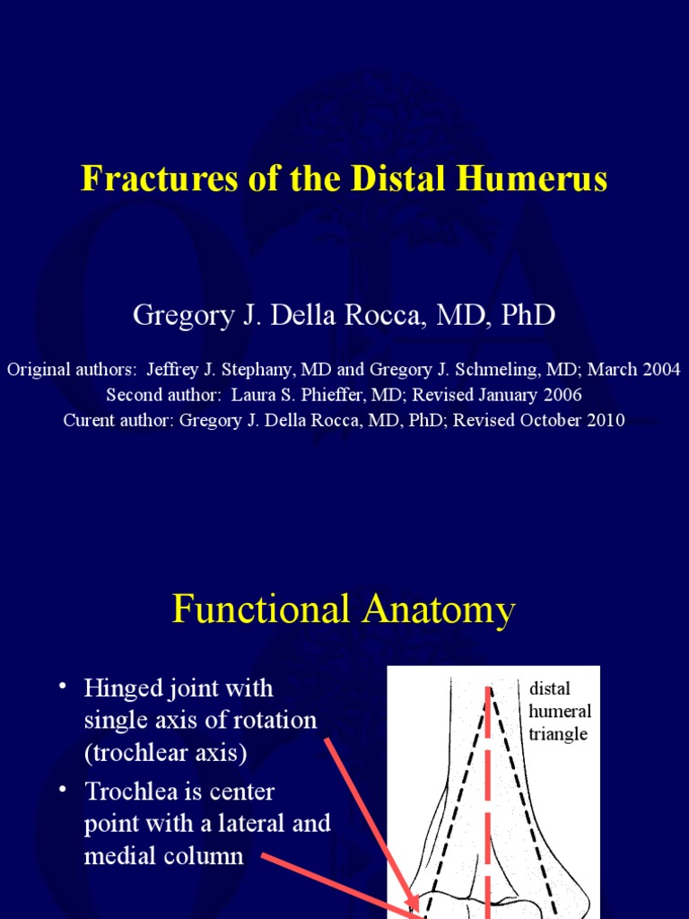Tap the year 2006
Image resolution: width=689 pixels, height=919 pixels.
pyautogui.click(x=563, y=395)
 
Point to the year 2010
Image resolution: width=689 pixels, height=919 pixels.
pyautogui.click(x=605, y=421)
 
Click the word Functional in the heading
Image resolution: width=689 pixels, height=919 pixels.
pyautogui.click(x=261, y=610)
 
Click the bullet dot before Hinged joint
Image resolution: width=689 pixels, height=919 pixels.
pyautogui.click(x=63, y=687)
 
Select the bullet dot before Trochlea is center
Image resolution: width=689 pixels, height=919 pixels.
pyautogui.click(x=63, y=791)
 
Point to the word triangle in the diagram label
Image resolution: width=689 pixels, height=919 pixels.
pyautogui.click(x=558, y=734)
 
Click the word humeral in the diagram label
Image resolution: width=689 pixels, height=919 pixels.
pyautogui.click(x=560, y=712)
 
